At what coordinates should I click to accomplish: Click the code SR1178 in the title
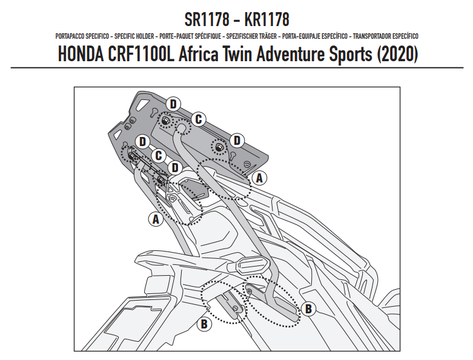click(x=207, y=19)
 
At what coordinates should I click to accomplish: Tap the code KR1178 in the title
click(x=266, y=19)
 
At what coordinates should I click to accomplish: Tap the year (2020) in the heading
click(x=397, y=55)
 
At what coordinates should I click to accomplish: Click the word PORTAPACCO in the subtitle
click(x=70, y=36)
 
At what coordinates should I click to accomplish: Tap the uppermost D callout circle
click(x=173, y=104)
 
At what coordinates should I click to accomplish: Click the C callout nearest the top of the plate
click(x=198, y=119)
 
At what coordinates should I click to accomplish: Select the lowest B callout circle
click(x=204, y=324)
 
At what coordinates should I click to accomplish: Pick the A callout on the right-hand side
click(x=259, y=178)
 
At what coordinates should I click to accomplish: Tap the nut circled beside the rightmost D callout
click(x=219, y=147)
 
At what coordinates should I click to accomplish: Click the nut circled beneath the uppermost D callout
click(x=165, y=121)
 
